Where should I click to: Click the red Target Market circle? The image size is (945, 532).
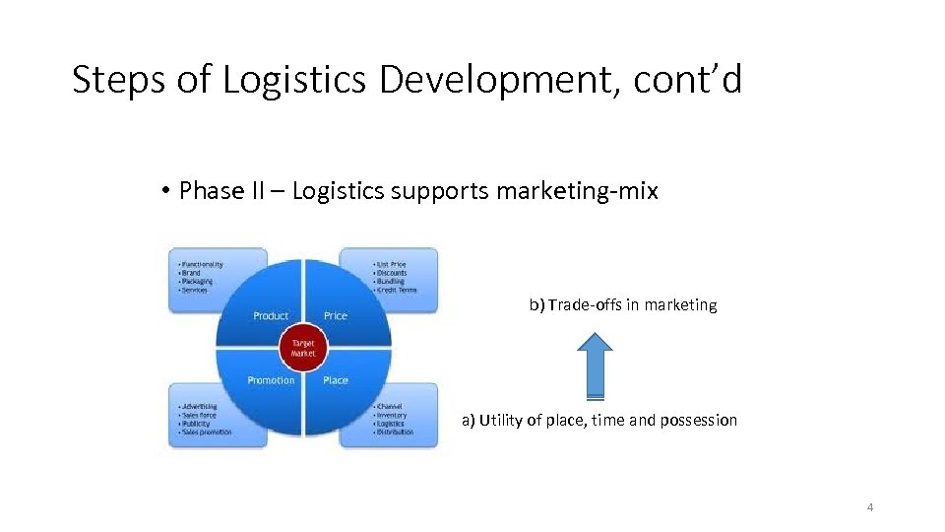coord(302,348)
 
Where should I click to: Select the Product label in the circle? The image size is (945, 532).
coord(271,316)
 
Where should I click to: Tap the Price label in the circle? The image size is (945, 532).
coord(336,316)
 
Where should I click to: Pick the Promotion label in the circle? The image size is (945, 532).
coord(271,380)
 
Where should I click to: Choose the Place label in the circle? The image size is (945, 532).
coord(336,380)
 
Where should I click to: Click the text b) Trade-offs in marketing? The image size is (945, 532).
coord(623,305)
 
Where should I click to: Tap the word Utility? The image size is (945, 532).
coord(501,421)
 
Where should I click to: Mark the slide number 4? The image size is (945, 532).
coord(870,507)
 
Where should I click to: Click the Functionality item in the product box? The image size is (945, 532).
coord(202,264)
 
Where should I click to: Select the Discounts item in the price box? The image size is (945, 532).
coord(392,273)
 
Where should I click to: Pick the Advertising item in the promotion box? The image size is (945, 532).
coord(199,406)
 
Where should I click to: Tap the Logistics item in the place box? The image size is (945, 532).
coord(393,424)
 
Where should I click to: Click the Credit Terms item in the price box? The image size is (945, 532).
coord(397,291)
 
